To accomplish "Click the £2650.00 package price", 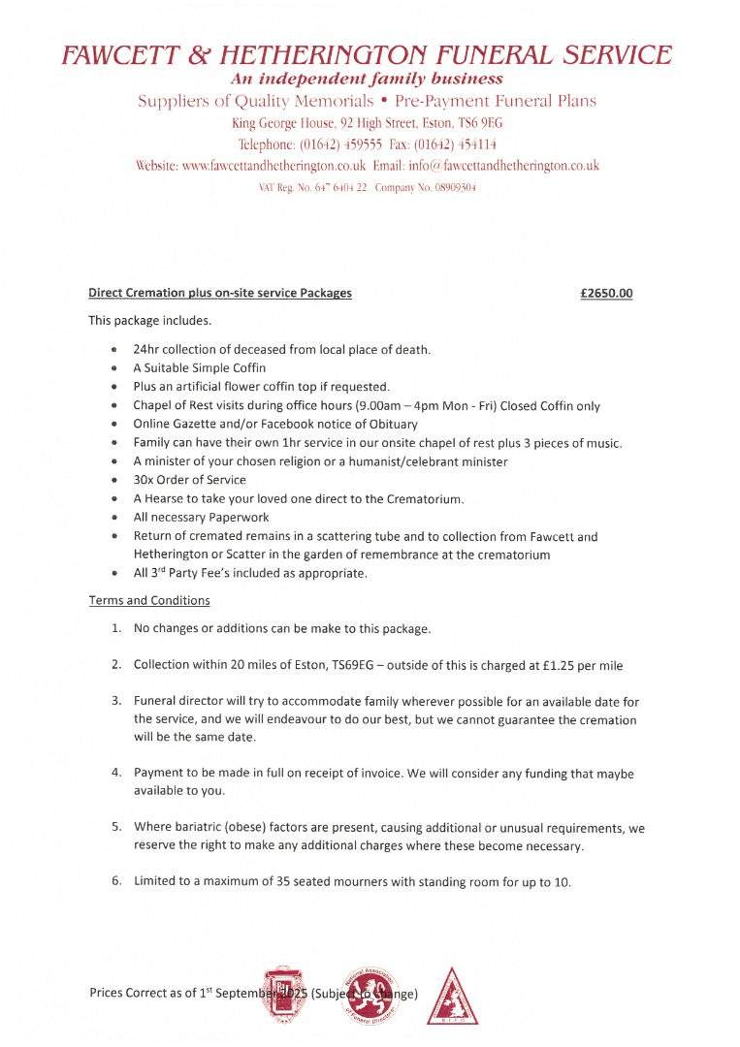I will coord(606,293).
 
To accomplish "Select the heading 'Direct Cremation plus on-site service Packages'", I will coord(220,293).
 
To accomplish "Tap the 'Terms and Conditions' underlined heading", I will coord(148,600).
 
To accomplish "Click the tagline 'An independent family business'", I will coord(369,79).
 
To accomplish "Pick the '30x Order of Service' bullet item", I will coord(189,480).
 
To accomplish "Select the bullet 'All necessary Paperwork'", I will coord(201,517).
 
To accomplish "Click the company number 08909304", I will coord(446,187).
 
